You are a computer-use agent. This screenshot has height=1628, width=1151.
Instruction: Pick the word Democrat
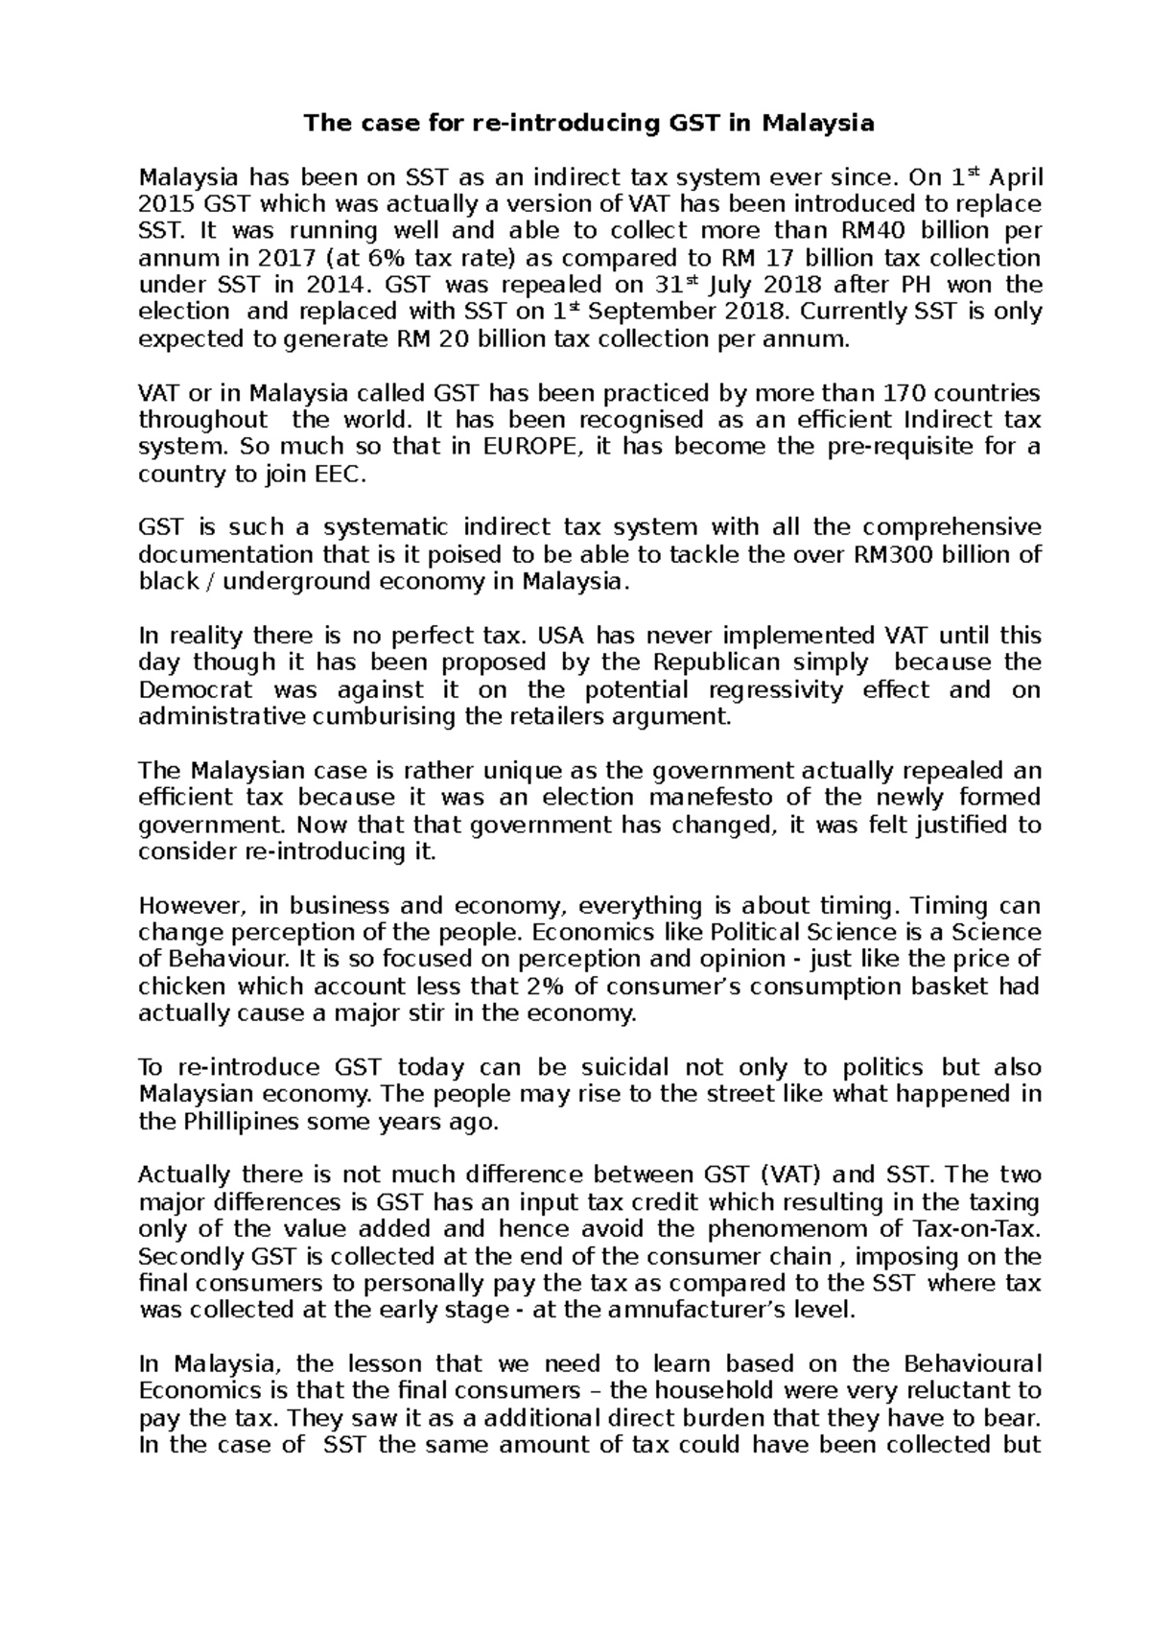click(x=195, y=689)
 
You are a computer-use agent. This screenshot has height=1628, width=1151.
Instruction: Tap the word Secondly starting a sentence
click(x=190, y=1257)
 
